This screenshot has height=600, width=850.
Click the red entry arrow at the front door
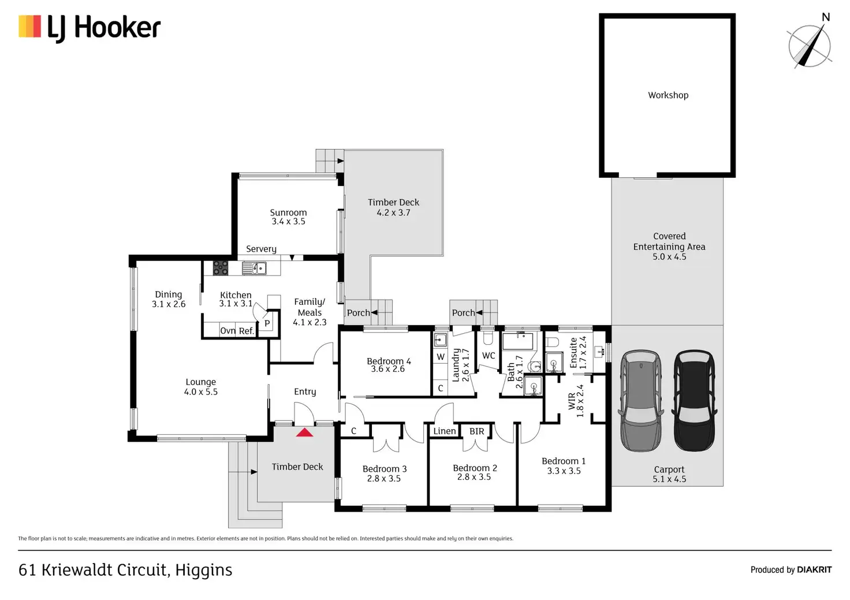304,433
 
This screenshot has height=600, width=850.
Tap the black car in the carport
694,401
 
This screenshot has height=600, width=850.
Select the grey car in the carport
641,401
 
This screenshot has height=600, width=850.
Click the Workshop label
668,95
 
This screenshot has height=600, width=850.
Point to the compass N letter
826,17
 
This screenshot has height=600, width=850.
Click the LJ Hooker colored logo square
29,26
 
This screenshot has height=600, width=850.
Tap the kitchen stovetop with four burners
221,267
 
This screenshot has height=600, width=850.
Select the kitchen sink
254,268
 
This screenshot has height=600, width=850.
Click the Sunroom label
288,213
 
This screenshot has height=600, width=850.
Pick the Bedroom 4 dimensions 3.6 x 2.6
388,369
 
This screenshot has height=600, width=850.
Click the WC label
489,356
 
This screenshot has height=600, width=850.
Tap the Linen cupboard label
445,431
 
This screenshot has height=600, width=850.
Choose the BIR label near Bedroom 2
476,431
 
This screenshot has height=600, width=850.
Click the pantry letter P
267,323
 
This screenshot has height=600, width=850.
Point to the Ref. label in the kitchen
246,331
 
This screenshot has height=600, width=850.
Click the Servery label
261,249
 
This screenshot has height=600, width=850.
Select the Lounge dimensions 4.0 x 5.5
201,392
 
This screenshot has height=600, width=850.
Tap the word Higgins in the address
204,570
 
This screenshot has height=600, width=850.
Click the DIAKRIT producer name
814,569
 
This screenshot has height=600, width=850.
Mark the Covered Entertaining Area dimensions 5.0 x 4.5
669,256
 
